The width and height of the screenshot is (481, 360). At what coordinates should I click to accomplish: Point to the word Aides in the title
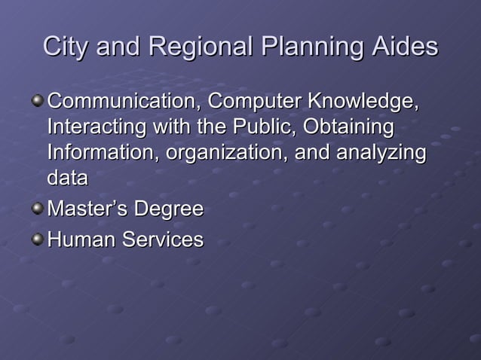pos(404,47)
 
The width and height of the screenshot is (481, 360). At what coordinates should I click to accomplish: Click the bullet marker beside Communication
pos(37,99)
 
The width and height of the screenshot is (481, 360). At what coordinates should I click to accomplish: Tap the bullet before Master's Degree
pos(37,208)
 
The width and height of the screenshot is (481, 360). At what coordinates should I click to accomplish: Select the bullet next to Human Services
pos(37,239)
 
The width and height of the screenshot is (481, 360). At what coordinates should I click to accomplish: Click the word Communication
pos(124,100)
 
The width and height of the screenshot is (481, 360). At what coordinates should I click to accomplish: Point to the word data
pos(67,178)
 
